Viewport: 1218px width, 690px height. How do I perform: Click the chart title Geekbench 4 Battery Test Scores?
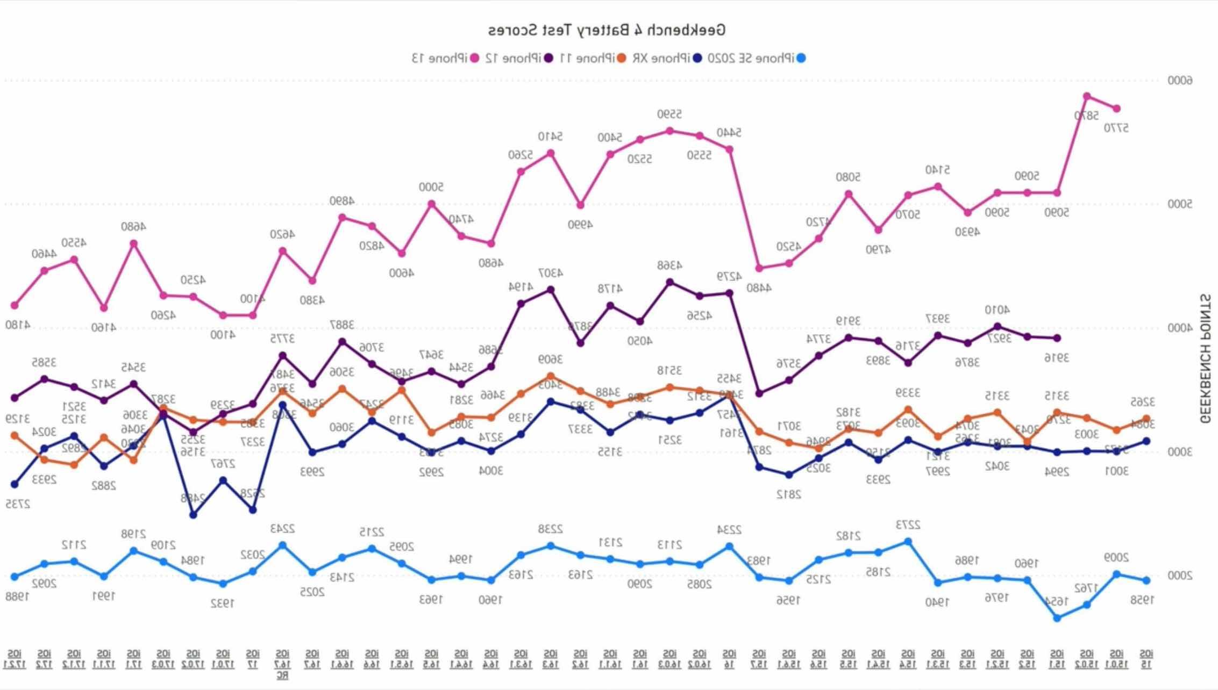coord(607,30)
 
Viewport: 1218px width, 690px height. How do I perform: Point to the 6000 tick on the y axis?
coord(1179,81)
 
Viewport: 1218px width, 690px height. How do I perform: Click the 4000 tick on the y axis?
coord(1179,328)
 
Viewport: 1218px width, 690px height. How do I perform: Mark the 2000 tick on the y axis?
coord(1179,576)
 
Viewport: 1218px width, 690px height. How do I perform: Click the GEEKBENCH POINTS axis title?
coord(1205,358)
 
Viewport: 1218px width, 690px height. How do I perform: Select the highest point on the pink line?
coord(1087,97)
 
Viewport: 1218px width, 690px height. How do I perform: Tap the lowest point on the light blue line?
coord(1057,618)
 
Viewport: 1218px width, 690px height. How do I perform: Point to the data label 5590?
coord(669,114)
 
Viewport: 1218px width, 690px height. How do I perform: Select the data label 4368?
coord(669,265)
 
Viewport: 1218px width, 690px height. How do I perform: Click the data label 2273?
coord(908,524)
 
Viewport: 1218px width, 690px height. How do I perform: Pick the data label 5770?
coord(1116,128)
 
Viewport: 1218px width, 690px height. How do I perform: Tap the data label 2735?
coord(17,504)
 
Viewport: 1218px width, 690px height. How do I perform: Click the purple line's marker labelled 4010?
coord(998,326)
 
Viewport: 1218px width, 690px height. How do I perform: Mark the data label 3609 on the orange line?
coord(550,360)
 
